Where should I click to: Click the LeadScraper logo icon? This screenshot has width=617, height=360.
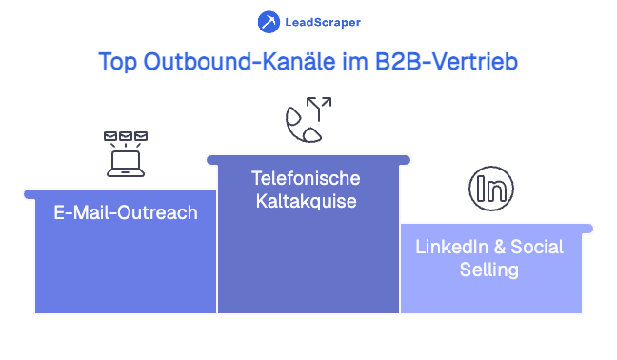269,21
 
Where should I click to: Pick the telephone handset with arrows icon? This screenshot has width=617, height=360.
308,121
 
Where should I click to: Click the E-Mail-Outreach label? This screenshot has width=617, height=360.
126,212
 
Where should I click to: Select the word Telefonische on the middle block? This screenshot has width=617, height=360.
306,178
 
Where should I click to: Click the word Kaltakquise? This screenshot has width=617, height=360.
306,202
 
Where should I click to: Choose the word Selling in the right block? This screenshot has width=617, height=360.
489,270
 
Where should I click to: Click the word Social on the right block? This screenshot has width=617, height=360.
536,247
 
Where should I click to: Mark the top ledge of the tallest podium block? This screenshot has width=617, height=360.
308,159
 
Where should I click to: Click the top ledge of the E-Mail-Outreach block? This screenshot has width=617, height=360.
119,193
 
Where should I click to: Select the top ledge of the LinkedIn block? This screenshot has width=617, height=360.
495,229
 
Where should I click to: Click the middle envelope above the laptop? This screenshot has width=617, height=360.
126,136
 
